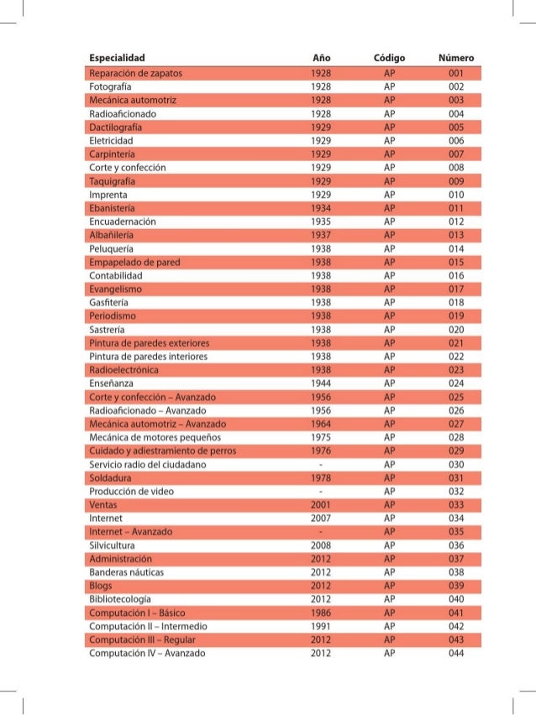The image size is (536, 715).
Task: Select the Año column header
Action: coord(321,58)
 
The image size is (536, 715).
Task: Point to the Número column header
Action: coord(456,58)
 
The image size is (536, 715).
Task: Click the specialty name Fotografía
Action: coord(112,86)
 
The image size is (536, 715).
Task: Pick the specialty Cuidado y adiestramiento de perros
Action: coord(162,451)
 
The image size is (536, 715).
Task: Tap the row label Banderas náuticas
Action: coord(126,572)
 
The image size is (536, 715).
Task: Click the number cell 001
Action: coord(456,73)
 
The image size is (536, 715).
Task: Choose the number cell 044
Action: coord(456,654)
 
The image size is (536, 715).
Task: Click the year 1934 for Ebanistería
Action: coord(321,206)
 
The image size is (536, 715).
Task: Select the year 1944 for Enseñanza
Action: coord(321,383)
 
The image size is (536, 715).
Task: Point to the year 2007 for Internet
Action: coord(321,519)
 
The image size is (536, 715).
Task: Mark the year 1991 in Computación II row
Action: coord(321,626)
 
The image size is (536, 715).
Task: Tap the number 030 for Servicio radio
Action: coord(456,464)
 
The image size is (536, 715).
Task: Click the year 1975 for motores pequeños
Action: coord(321,436)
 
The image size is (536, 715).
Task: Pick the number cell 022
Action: coord(456,356)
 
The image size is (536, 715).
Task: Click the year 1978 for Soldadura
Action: coord(321,478)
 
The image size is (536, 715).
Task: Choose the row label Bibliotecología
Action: coord(120,599)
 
